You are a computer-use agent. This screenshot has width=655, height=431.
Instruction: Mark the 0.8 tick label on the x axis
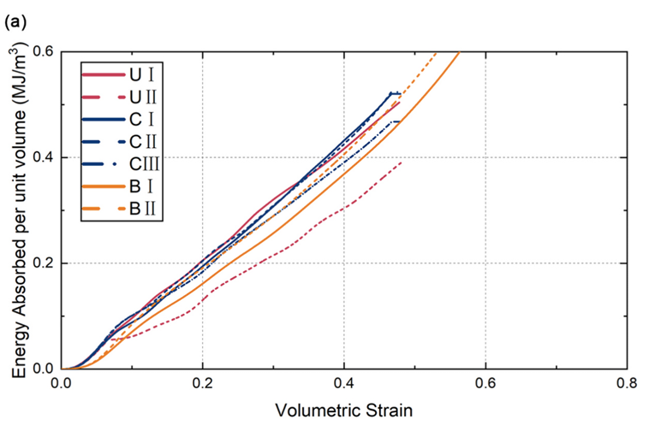[x=628, y=384]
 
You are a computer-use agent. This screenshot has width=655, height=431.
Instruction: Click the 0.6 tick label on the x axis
[x=485, y=384]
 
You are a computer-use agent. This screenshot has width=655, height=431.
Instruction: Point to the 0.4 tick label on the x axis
[x=344, y=384]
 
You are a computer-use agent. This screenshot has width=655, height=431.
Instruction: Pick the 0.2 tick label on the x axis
[x=203, y=384]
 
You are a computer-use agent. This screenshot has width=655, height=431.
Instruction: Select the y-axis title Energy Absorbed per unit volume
[x=17, y=210]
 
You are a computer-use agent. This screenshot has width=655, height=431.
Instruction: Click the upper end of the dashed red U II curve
[x=401, y=162]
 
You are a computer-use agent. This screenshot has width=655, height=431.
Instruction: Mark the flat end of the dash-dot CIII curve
[x=396, y=122]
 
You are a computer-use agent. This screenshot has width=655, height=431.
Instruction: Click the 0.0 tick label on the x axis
[x=61, y=384]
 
